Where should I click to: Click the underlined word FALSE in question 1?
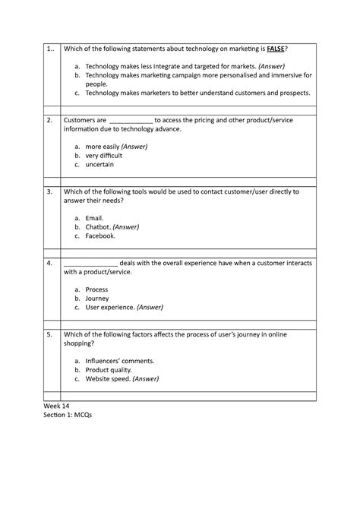pyautogui.click(x=275, y=49)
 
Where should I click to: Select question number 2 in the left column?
pyautogui.click(x=49, y=120)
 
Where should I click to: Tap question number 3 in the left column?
pyautogui.click(x=49, y=192)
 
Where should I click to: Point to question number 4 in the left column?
pyautogui.click(x=49, y=263)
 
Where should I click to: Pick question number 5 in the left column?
pyautogui.click(x=49, y=334)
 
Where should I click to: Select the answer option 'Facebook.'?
pyautogui.click(x=101, y=236)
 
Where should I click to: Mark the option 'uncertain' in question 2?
pyautogui.click(x=99, y=164)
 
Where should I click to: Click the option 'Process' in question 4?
pyautogui.click(x=97, y=289)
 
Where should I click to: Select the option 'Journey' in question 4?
pyautogui.click(x=98, y=299)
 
